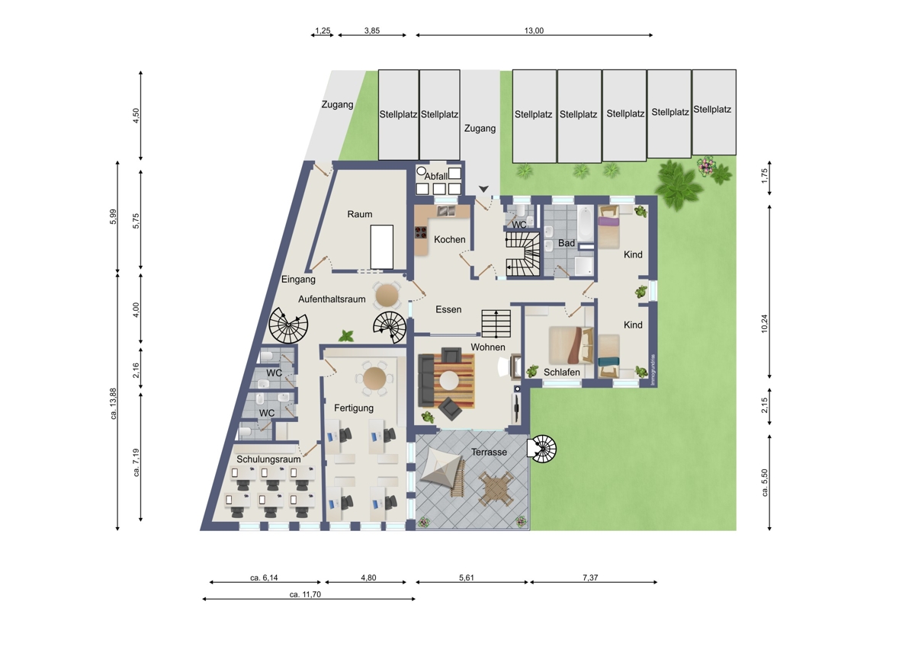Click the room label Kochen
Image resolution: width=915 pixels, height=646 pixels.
(x=449, y=239)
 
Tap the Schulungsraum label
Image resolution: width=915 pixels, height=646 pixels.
(x=268, y=459)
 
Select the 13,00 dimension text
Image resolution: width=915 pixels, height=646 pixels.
(x=534, y=30)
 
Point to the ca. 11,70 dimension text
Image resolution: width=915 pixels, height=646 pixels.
(x=305, y=595)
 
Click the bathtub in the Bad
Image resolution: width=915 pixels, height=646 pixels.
(x=585, y=224)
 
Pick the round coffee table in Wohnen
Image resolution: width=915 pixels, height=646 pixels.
(x=448, y=381)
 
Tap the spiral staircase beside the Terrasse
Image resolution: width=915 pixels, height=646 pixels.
(x=542, y=449)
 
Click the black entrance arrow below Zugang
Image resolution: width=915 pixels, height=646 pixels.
(x=483, y=189)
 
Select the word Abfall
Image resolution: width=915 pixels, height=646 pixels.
(x=436, y=176)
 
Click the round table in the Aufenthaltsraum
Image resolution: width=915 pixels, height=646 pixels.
(x=387, y=295)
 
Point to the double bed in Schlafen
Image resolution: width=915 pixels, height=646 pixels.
(x=570, y=345)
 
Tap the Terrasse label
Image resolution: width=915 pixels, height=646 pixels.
(x=489, y=453)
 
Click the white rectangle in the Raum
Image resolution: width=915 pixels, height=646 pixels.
(x=382, y=247)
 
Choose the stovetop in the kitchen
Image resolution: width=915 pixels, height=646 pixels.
(x=421, y=232)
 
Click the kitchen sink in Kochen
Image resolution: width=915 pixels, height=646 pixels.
(x=447, y=211)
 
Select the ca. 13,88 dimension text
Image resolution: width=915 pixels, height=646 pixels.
(x=113, y=403)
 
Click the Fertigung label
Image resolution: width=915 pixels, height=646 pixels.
(x=354, y=408)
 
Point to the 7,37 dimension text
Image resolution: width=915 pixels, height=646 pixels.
(x=590, y=577)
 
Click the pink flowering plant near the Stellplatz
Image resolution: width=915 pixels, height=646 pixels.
(x=705, y=165)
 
